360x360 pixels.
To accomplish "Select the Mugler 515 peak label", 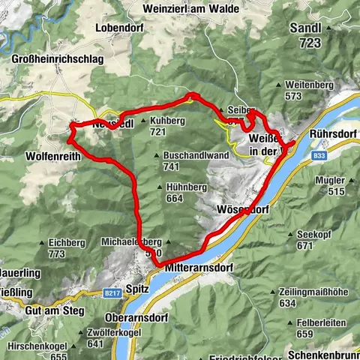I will point(330,186).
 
